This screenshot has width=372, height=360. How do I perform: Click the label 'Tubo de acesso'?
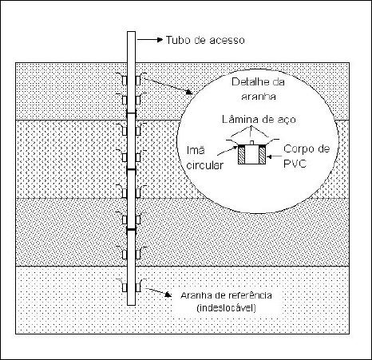click(205, 40)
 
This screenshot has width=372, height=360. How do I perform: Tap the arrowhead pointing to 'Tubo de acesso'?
click(160, 40)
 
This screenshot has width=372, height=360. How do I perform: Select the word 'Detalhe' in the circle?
click(247, 81)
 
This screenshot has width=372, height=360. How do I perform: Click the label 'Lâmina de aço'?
click(259, 120)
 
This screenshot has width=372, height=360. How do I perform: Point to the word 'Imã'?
click(196, 150)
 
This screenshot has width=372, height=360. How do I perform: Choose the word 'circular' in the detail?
click(204, 165)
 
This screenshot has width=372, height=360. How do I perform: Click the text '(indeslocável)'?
click(226, 308)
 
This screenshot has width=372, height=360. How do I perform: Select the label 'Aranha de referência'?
click(226, 295)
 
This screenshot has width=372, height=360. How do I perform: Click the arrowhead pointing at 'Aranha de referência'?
click(168, 295)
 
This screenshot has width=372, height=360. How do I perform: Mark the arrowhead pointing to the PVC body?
click(269, 157)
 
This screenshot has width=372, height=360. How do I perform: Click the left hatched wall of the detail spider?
click(241, 156)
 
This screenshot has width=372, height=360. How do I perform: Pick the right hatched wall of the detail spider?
click(262, 156)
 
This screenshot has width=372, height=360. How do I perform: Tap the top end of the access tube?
click(131, 32)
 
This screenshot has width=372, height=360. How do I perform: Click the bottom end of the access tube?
click(131, 305)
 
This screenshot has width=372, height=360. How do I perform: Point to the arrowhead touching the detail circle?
click(189, 92)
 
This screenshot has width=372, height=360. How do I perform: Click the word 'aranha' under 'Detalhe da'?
click(259, 97)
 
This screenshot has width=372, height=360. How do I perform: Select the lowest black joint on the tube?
click(131, 229)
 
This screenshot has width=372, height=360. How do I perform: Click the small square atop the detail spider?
click(251, 142)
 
